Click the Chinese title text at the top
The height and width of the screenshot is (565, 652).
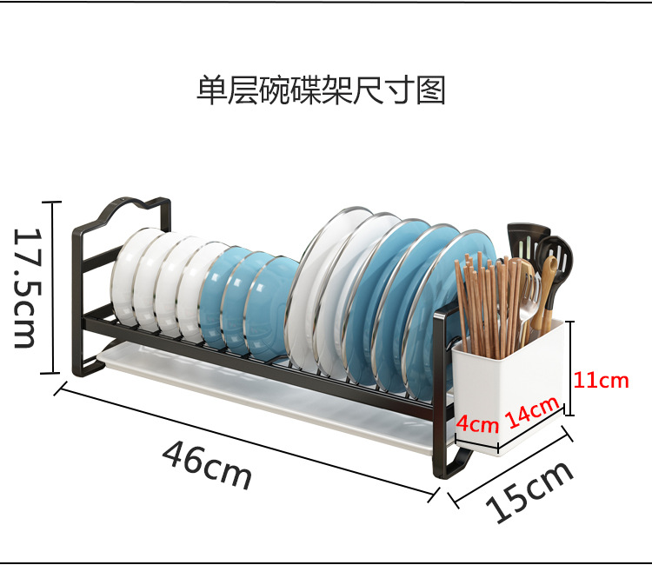(321, 90)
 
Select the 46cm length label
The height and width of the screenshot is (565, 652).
(207, 463)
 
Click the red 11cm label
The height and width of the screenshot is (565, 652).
(601, 380)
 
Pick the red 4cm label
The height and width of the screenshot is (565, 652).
(477, 425)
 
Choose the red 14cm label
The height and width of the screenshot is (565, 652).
(531, 411)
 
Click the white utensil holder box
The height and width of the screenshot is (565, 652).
(509, 374)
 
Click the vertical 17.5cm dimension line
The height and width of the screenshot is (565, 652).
(52, 287)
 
